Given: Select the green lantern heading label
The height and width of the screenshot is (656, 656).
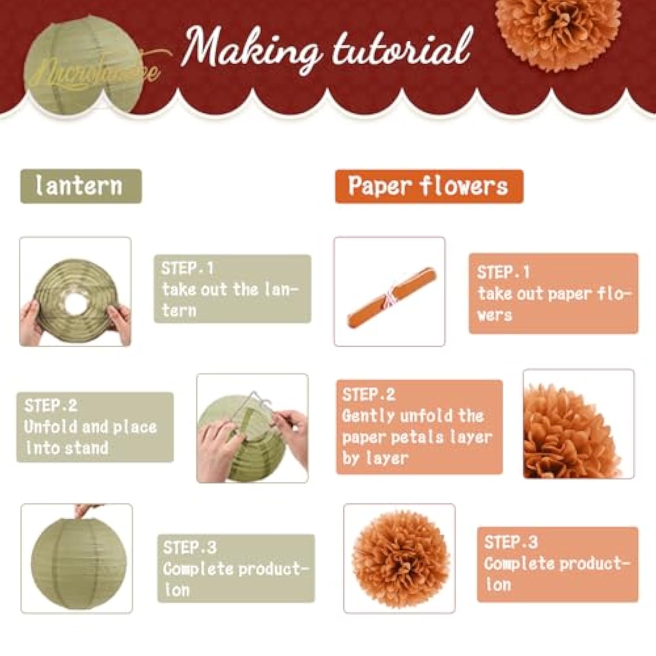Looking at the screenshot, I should tap(81, 186).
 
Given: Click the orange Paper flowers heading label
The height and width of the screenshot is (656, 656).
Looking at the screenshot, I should tap(429, 186).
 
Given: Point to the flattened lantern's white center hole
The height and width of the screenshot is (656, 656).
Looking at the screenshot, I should tap(75, 303).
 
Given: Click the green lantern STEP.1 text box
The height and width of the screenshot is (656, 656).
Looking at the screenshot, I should tap(232, 289).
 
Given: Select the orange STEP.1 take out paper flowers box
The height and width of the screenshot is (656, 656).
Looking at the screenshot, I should tap(553, 293).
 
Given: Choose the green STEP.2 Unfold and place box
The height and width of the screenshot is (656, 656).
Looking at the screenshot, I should tap(95, 427).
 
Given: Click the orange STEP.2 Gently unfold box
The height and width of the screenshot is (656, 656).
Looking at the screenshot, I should tap(419, 426).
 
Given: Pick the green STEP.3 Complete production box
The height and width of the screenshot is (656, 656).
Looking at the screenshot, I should tap(236, 568).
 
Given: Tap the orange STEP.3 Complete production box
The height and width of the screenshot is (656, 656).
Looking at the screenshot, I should tap(557, 564).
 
